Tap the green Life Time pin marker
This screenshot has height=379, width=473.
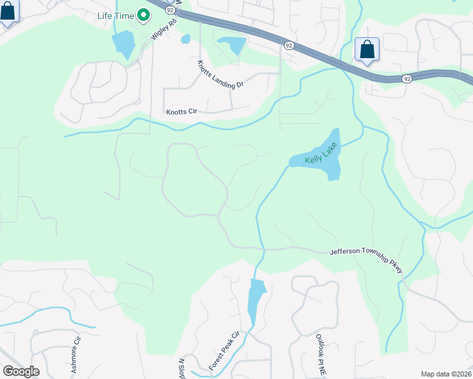tap(144, 14)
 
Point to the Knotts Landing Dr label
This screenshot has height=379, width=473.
tap(219, 75)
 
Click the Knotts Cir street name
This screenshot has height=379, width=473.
tap(182, 112)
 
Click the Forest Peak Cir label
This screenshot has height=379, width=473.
tap(224, 351)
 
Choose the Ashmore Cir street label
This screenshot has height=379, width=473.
tap(77, 355)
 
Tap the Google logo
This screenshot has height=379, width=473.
tap(21, 371)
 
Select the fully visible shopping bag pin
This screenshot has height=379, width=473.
tap(367, 49)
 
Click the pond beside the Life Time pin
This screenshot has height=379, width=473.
tap(123, 44)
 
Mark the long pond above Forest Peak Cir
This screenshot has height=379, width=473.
tap(255, 301)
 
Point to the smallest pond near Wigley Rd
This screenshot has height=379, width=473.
tap(185, 39)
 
